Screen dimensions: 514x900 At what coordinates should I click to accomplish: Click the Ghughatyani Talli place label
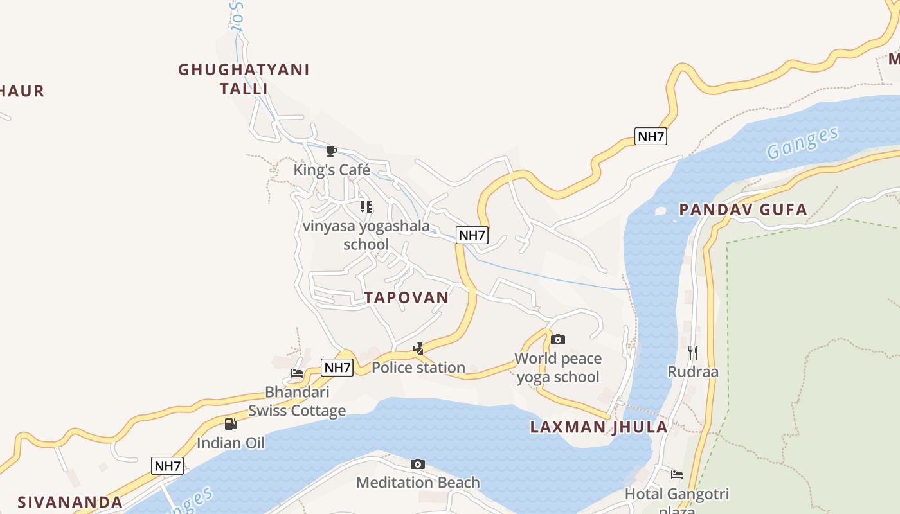[244, 78]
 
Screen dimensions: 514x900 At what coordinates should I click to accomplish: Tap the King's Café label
[332, 170]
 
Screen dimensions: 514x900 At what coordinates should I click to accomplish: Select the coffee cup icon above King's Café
[332, 152]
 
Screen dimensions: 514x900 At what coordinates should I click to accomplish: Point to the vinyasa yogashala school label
[366, 235]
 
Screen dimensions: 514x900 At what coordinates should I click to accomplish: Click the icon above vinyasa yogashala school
[366, 207]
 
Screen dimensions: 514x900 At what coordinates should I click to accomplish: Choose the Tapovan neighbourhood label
[406, 297]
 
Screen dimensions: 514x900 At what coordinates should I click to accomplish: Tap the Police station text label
[419, 368]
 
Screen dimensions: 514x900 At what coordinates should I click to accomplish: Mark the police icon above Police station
[419, 349]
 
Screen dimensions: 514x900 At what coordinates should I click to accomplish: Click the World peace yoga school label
[558, 368]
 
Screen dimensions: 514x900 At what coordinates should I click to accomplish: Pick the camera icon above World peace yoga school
[558, 339]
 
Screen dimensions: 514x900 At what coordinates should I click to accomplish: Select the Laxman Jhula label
[598, 427]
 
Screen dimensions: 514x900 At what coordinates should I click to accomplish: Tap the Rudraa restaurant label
[693, 371]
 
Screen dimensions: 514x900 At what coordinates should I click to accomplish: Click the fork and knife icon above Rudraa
[693, 353]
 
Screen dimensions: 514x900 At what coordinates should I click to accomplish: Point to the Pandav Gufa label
[743, 209]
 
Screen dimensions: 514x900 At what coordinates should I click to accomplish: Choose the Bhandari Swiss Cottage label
[297, 401]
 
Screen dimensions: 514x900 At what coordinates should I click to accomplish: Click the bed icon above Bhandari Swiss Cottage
[297, 373]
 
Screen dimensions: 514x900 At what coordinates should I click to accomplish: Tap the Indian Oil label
[231, 443]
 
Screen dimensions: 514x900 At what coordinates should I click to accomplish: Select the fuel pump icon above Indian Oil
[231, 424]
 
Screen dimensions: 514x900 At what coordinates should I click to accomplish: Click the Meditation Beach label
[418, 483]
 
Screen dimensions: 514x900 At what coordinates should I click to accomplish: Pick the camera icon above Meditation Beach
[418, 464]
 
